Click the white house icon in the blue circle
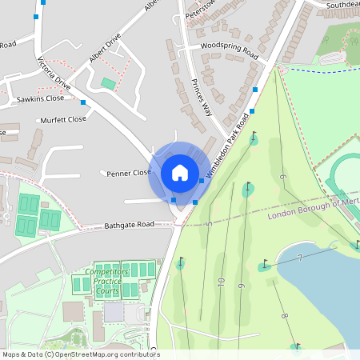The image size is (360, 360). coord(180,172)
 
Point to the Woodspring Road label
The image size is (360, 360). coord(230,50)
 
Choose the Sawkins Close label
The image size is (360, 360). coord(40,99)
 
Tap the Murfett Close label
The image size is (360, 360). coord(65,119)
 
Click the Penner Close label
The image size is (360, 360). coord(129,172)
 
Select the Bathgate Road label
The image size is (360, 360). coord(129,225)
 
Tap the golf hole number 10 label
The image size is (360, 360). coord(220,281)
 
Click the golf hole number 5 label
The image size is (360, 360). coord(209,225)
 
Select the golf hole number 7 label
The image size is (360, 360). coord(298,257)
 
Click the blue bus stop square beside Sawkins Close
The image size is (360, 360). coord(83,102)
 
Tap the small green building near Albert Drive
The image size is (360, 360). coord(108,83)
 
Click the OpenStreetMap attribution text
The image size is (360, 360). coord(80,354)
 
